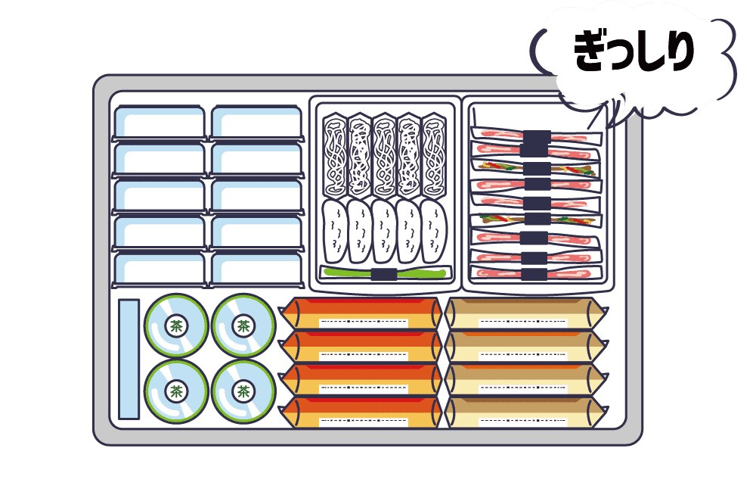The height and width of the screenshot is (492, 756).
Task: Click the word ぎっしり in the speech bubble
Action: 634,53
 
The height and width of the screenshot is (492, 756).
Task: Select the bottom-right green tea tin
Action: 243,391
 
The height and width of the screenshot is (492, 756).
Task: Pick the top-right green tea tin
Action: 243,326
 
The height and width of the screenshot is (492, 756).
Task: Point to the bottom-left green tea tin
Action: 176,391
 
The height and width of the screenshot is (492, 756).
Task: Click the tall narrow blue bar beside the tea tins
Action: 129,359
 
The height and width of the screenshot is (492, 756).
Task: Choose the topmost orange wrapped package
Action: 361,313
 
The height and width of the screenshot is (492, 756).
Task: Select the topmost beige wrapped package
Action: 525,313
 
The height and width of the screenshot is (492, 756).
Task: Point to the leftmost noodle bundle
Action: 333,156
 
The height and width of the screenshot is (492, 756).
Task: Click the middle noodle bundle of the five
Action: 383,156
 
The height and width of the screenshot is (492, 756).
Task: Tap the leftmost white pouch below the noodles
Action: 334,230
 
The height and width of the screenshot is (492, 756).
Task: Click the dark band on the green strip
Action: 384,273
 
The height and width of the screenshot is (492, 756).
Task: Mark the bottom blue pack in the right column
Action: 256,269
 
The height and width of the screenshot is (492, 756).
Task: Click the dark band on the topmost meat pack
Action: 536,139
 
